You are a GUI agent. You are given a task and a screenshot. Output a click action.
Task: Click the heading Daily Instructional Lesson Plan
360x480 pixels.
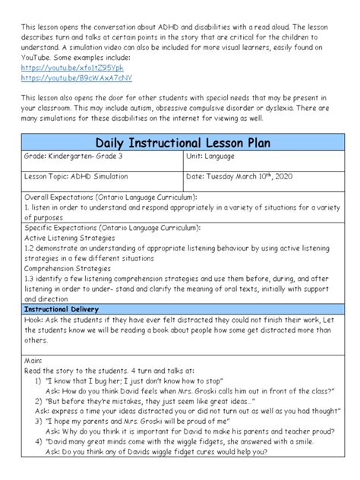(179, 144)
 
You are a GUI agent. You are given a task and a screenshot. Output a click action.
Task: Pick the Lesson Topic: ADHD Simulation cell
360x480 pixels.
(72, 176)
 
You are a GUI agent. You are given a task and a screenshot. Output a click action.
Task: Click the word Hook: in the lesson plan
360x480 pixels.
(33, 322)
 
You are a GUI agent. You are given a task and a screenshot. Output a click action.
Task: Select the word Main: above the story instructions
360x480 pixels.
(33, 362)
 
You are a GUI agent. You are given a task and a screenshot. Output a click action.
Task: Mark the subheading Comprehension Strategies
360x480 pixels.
(68, 268)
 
